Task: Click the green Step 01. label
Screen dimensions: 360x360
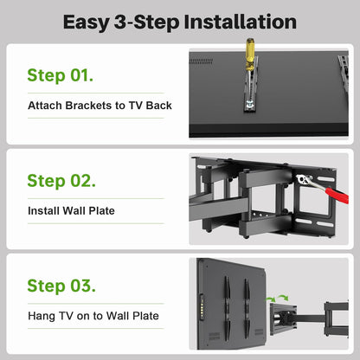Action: [x=61, y=75]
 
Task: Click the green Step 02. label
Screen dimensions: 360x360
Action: [x=61, y=181]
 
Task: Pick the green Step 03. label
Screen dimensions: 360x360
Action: [x=61, y=286]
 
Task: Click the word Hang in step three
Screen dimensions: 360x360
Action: [x=41, y=316]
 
